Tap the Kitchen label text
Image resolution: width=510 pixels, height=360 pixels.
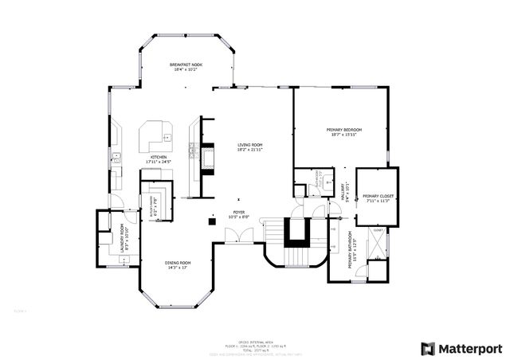tap(159, 158)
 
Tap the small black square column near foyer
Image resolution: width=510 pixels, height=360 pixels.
tap(211, 221)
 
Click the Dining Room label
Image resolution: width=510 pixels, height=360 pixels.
tap(178, 263)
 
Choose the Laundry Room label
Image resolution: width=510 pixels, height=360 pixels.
tap(124, 238)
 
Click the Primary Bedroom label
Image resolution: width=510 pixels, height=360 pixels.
tap(344, 129)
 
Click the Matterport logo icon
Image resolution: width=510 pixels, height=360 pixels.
tap(428, 348)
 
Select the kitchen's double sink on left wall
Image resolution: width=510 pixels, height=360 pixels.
tap(115, 156)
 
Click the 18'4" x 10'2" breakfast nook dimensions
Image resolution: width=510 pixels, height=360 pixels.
tap(185, 69)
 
